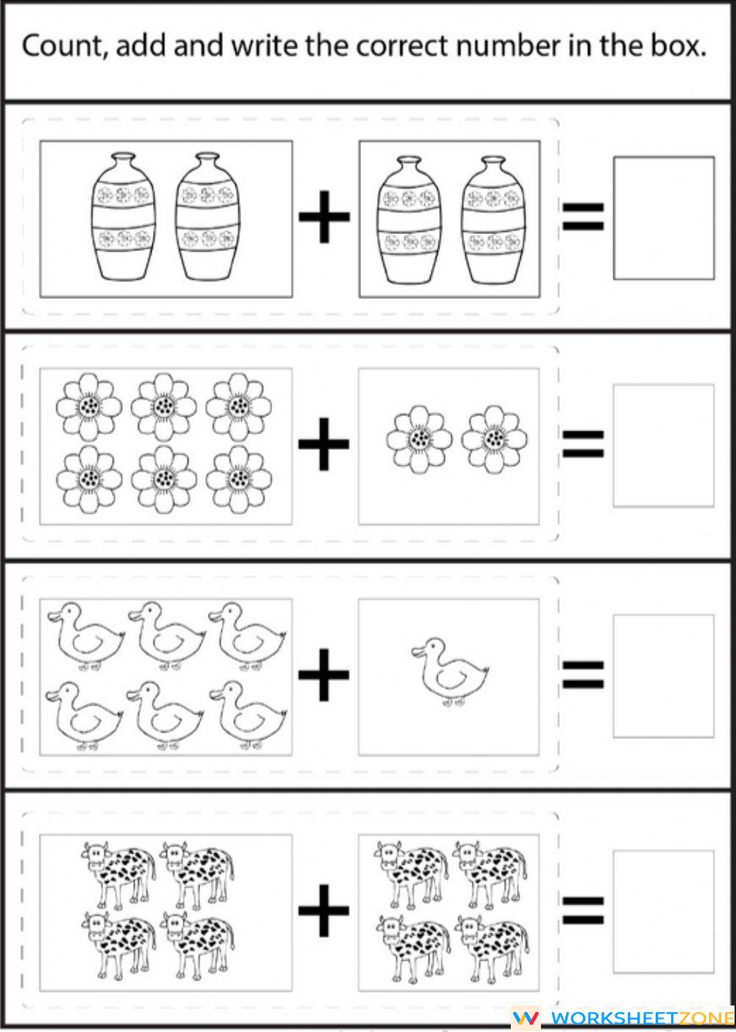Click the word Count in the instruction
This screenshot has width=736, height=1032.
(x=63, y=46)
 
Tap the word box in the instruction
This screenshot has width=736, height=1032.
(x=676, y=46)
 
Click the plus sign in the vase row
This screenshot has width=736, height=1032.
(x=324, y=216)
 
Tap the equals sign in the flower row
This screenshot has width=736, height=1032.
(x=583, y=444)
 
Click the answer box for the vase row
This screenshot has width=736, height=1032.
(x=663, y=218)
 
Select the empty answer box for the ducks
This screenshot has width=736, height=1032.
(x=663, y=676)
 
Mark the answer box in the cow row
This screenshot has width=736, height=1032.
(x=663, y=911)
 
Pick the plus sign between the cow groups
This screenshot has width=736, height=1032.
(x=324, y=911)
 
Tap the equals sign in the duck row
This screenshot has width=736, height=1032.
(x=583, y=674)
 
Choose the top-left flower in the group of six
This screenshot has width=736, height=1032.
(x=89, y=406)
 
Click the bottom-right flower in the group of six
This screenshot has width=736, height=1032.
(x=238, y=478)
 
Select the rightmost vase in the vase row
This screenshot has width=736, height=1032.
(x=494, y=219)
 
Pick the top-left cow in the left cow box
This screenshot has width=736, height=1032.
(x=118, y=873)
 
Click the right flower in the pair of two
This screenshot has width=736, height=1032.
(x=494, y=439)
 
